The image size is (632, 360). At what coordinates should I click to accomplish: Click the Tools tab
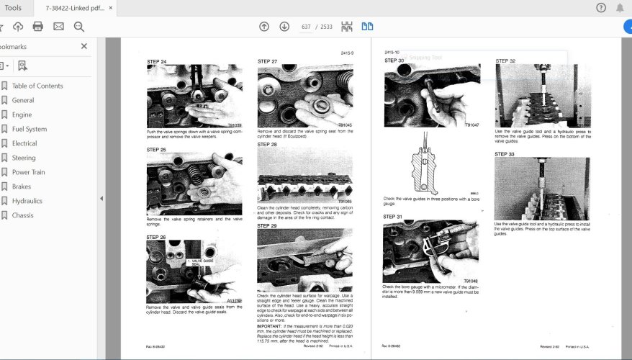13,8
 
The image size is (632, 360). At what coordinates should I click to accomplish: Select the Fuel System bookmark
29,129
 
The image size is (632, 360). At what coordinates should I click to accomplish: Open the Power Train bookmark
28,172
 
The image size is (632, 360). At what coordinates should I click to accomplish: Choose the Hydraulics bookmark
27,201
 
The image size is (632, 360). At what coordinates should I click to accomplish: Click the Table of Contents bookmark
37,86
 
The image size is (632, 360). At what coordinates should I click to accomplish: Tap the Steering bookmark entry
23,158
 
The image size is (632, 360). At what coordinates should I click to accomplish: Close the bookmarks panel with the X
83,46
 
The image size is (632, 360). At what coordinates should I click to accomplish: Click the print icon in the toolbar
38,27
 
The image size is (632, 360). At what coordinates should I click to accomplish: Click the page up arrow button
264,27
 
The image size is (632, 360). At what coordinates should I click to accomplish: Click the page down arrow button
284,27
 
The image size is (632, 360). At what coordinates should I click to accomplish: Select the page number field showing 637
306,27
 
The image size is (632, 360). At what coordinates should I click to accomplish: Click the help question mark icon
601,8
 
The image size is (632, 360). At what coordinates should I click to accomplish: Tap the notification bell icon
620,8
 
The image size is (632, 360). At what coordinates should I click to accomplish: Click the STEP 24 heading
156,62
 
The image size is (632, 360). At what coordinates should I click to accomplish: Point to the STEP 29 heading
267,226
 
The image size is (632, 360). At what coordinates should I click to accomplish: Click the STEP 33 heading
505,154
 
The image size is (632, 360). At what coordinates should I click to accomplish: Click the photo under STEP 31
430,251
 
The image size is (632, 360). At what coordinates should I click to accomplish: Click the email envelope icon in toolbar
58,27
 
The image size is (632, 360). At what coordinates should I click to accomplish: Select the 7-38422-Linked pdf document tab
73,8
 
